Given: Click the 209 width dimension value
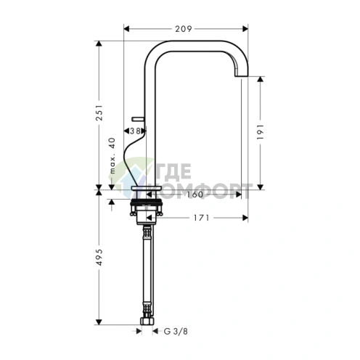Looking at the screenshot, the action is (x=184, y=29).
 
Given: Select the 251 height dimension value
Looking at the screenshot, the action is (x=99, y=112).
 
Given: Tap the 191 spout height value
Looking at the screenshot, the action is (x=261, y=132).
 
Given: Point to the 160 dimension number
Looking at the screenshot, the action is (x=195, y=195).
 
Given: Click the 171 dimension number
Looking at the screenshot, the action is (x=201, y=218).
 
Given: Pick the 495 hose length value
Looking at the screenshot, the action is (x=99, y=257).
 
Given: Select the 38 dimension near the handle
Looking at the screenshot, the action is (x=135, y=131).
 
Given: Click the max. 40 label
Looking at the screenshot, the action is (x=112, y=155).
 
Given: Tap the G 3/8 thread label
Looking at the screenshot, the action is (x=176, y=331).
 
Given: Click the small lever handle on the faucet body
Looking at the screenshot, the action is (x=138, y=119).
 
